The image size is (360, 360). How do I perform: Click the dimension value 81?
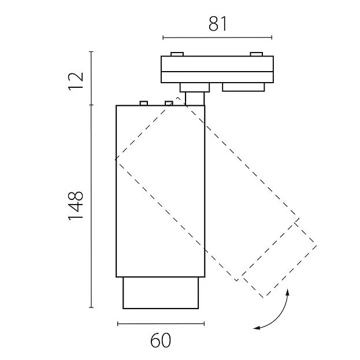pos(218,24)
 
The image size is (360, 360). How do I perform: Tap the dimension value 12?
pos(76,81)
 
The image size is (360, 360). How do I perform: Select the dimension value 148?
pos(76,206)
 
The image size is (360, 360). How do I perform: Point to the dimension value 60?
pos(161,340)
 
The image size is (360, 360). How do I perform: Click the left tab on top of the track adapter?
pos(177,54)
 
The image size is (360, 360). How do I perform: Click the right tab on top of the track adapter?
pos(256,54)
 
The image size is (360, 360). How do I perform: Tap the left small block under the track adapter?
pos(195,87)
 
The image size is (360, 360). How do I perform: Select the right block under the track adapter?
pos(243,87)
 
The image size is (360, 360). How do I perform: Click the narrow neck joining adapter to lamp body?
pos(195,99)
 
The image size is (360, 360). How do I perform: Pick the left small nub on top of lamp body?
pos(144,103)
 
